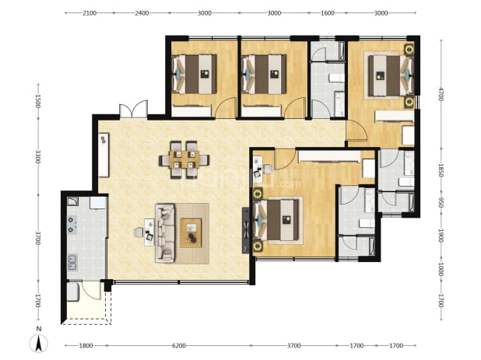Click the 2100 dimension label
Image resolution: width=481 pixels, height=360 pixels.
pyautogui.click(x=90, y=13)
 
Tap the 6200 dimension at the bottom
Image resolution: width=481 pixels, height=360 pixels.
pyautogui.click(x=178, y=346)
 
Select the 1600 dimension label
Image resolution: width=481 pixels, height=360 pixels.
pyautogui.click(x=328, y=13)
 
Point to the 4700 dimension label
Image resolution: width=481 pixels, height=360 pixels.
pyautogui.click(x=441, y=94)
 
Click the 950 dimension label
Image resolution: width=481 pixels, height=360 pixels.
pyautogui.click(x=441, y=202)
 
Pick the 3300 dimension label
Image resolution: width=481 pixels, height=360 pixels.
pyautogui.click(x=37, y=156)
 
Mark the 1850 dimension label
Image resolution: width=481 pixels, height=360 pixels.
pyautogui.click(x=441, y=170)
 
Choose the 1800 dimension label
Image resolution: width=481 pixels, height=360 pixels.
pyautogui.click(x=86, y=346)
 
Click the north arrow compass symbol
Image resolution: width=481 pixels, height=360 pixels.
pyautogui.click(x=39, y=343)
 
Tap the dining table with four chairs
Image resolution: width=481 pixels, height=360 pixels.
pyautogui.click(x=184, y=159)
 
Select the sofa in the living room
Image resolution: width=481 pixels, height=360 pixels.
pyautogui.click(x=165, y=233)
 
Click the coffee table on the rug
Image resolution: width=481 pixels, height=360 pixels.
pyautogui.click(x=191, y=232)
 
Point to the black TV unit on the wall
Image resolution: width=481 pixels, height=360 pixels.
pyautogui.click(x=246, y=230)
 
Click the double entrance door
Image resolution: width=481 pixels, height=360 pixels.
pyautogui.click(x=133, y=109)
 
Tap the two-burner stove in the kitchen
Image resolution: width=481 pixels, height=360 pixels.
pyautogui.click(x=72, y=225)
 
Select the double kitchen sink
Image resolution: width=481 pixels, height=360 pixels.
pyautogui.click(x=72, y=263)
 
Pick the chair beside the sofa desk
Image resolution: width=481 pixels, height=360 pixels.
pyautogui.click(x=138, y=232)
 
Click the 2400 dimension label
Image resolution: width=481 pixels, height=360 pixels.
pyautogui.click(x=142, y=13)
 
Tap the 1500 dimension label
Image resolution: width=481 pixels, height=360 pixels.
pyautogui.click(x=37, y=101)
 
